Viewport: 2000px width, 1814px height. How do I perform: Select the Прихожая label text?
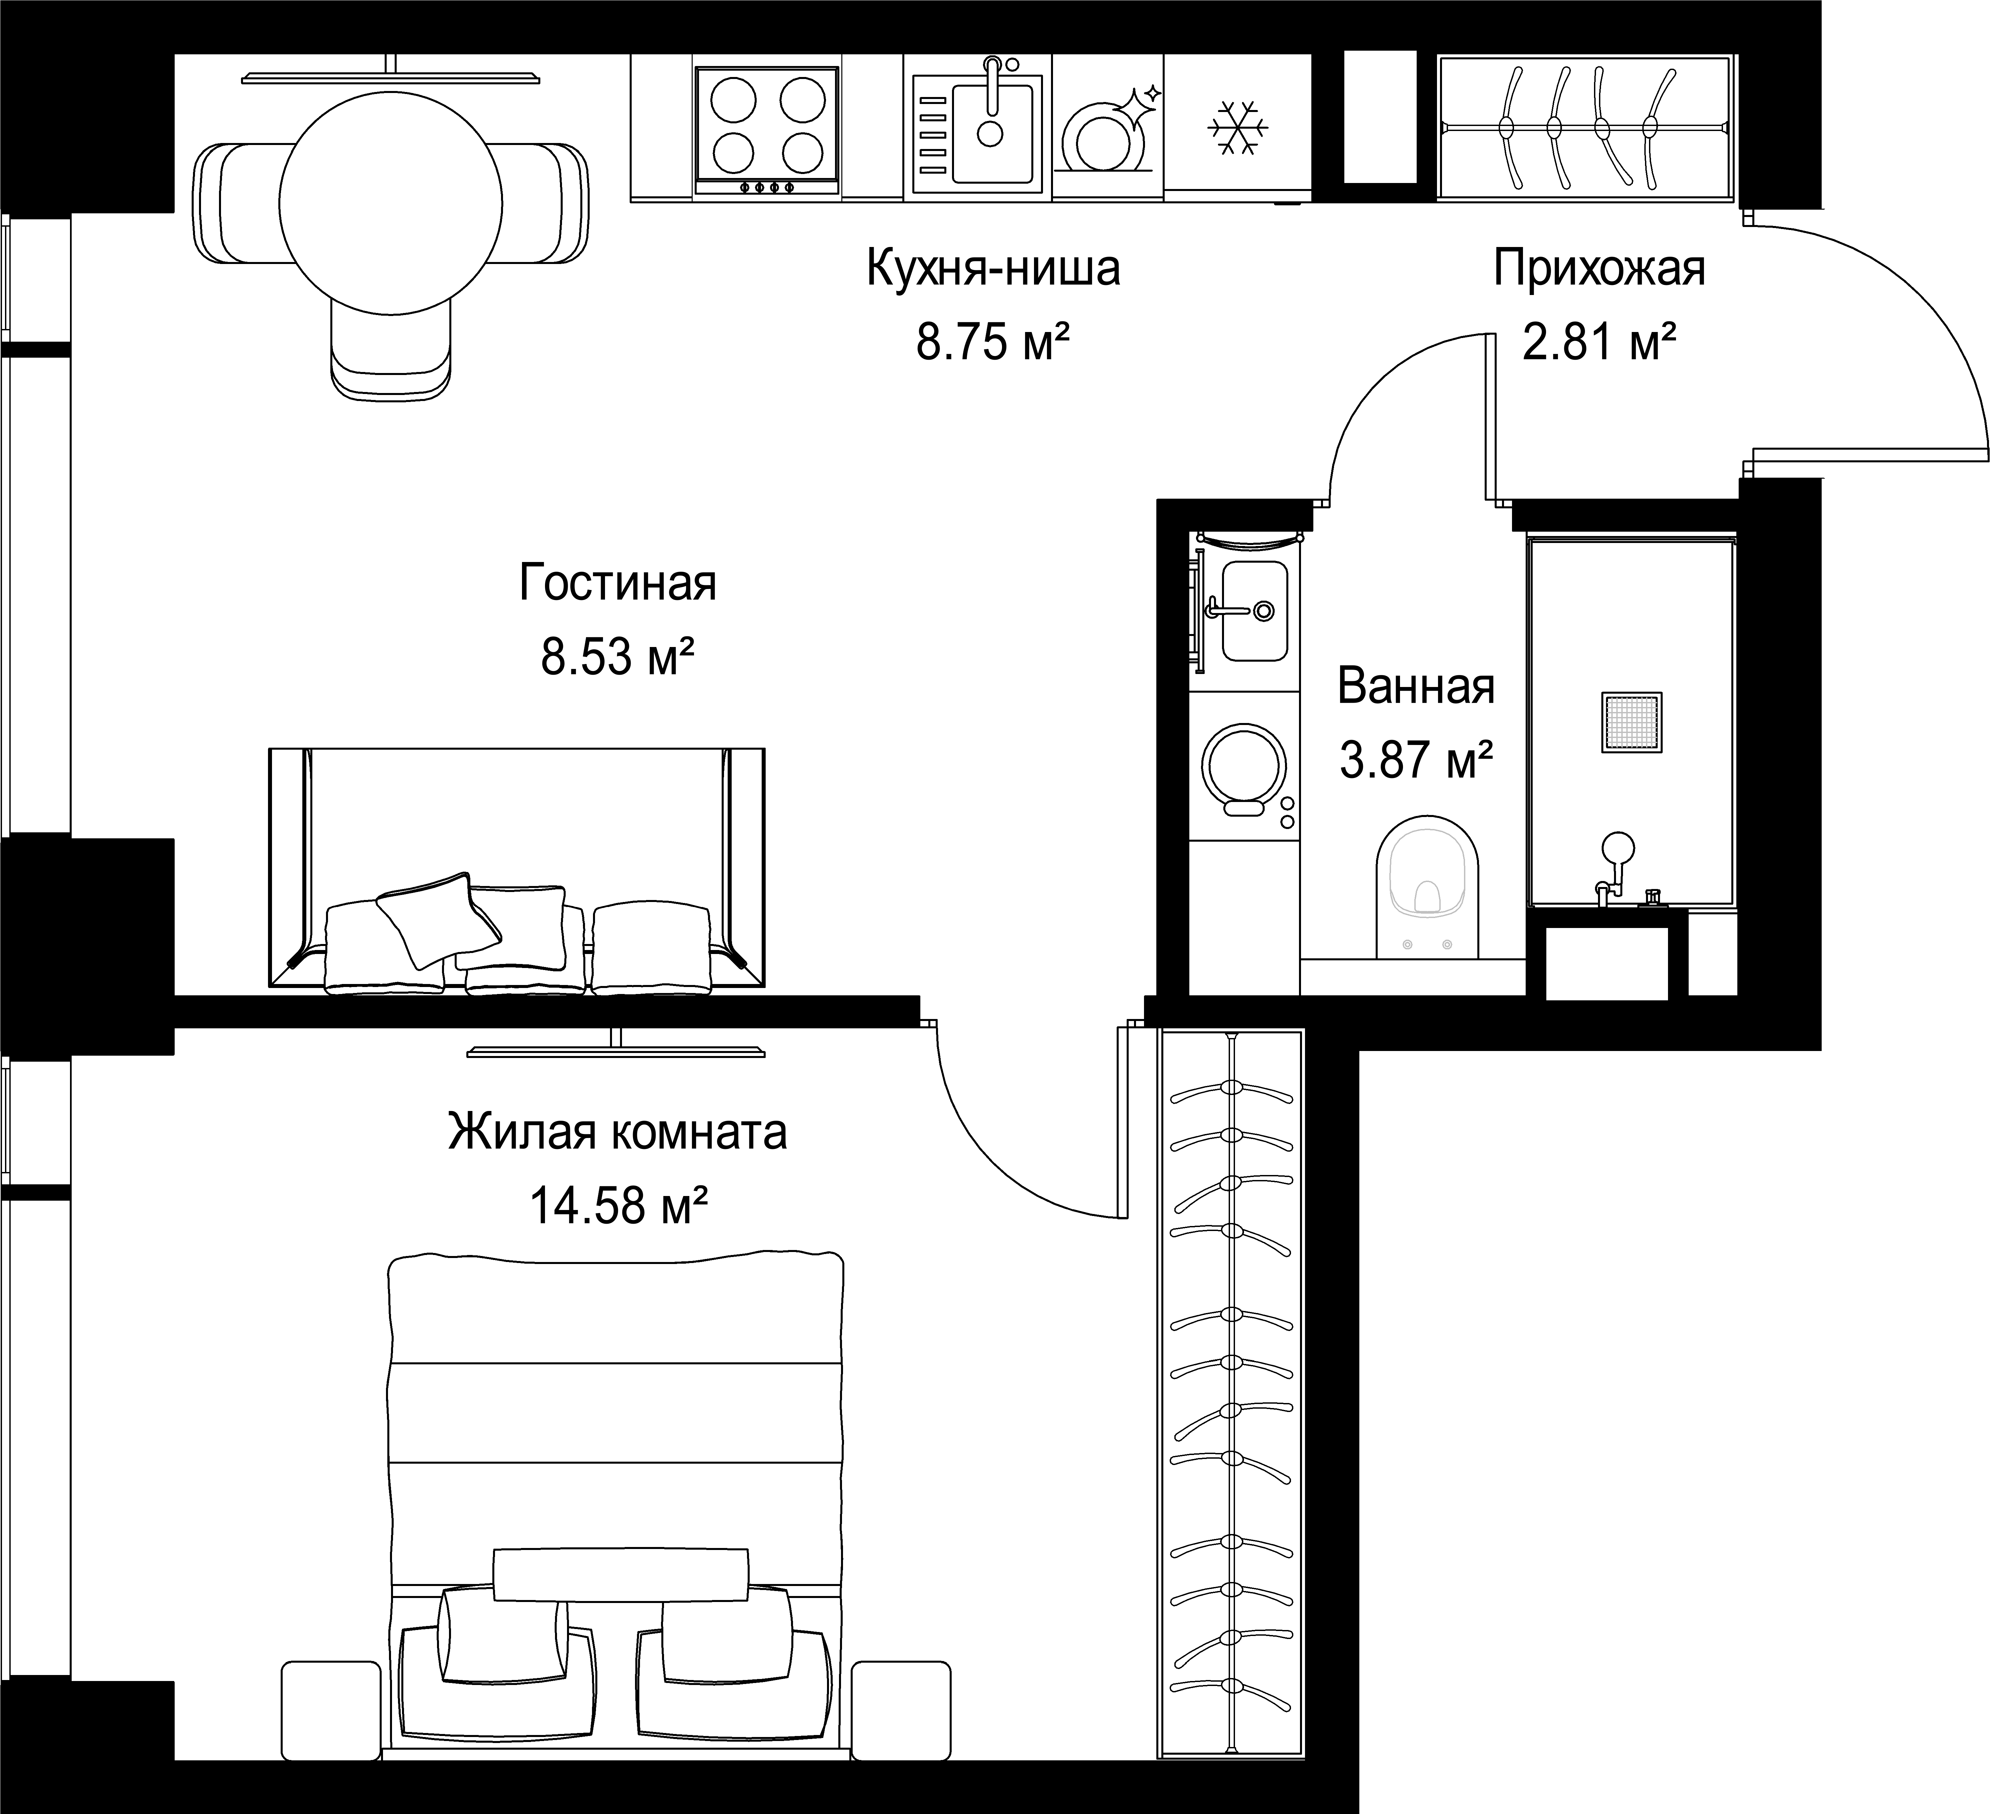(x=1599, y=269)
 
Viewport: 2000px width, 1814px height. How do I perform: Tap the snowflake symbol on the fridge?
(x=1237, y=127)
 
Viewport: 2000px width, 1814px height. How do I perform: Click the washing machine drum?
(x=1243, y=768)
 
